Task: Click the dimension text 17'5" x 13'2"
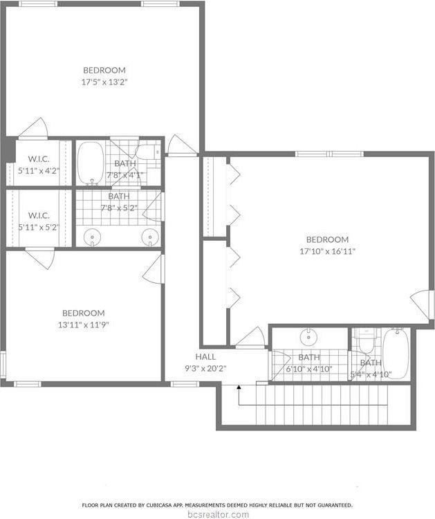tap(104, 82)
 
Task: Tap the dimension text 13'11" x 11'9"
tap(84, 325)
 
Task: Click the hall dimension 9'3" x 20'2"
tap(206, 369)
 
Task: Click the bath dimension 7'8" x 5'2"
tap(118, 207)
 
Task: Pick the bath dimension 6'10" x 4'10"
tap(309, 369)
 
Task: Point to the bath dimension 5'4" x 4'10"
tap(370, 374)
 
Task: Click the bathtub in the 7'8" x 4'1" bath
tap(89, 163)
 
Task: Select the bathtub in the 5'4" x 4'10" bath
tap(396, 354)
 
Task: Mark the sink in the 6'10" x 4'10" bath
tap(308, 338)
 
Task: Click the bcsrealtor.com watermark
tap(217, 514)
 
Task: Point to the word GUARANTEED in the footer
tap(333, 505)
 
